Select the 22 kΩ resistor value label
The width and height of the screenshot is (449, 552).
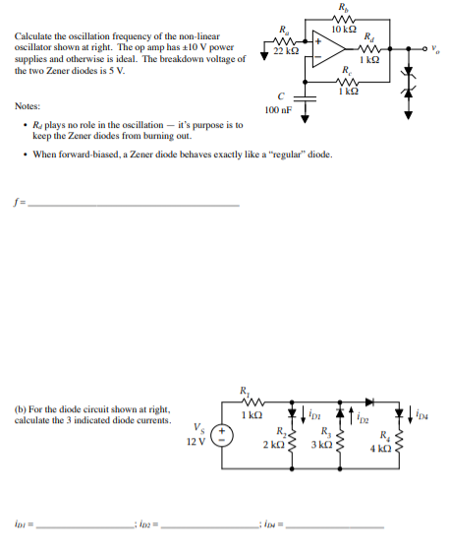(x=286, y=51)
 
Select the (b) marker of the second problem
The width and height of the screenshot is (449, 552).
(x=21, y=409)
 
